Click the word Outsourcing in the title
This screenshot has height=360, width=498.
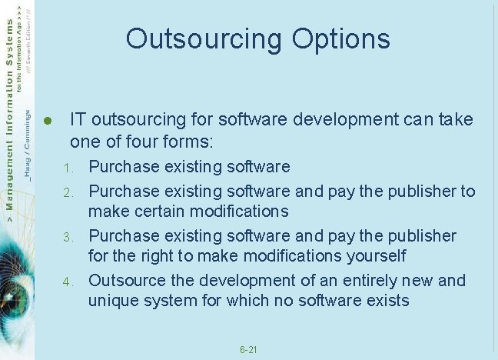[195, 38]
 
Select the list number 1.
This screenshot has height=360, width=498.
[68, 168]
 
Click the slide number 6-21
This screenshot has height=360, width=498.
[248, 350]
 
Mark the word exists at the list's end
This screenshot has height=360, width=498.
[387, 300]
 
